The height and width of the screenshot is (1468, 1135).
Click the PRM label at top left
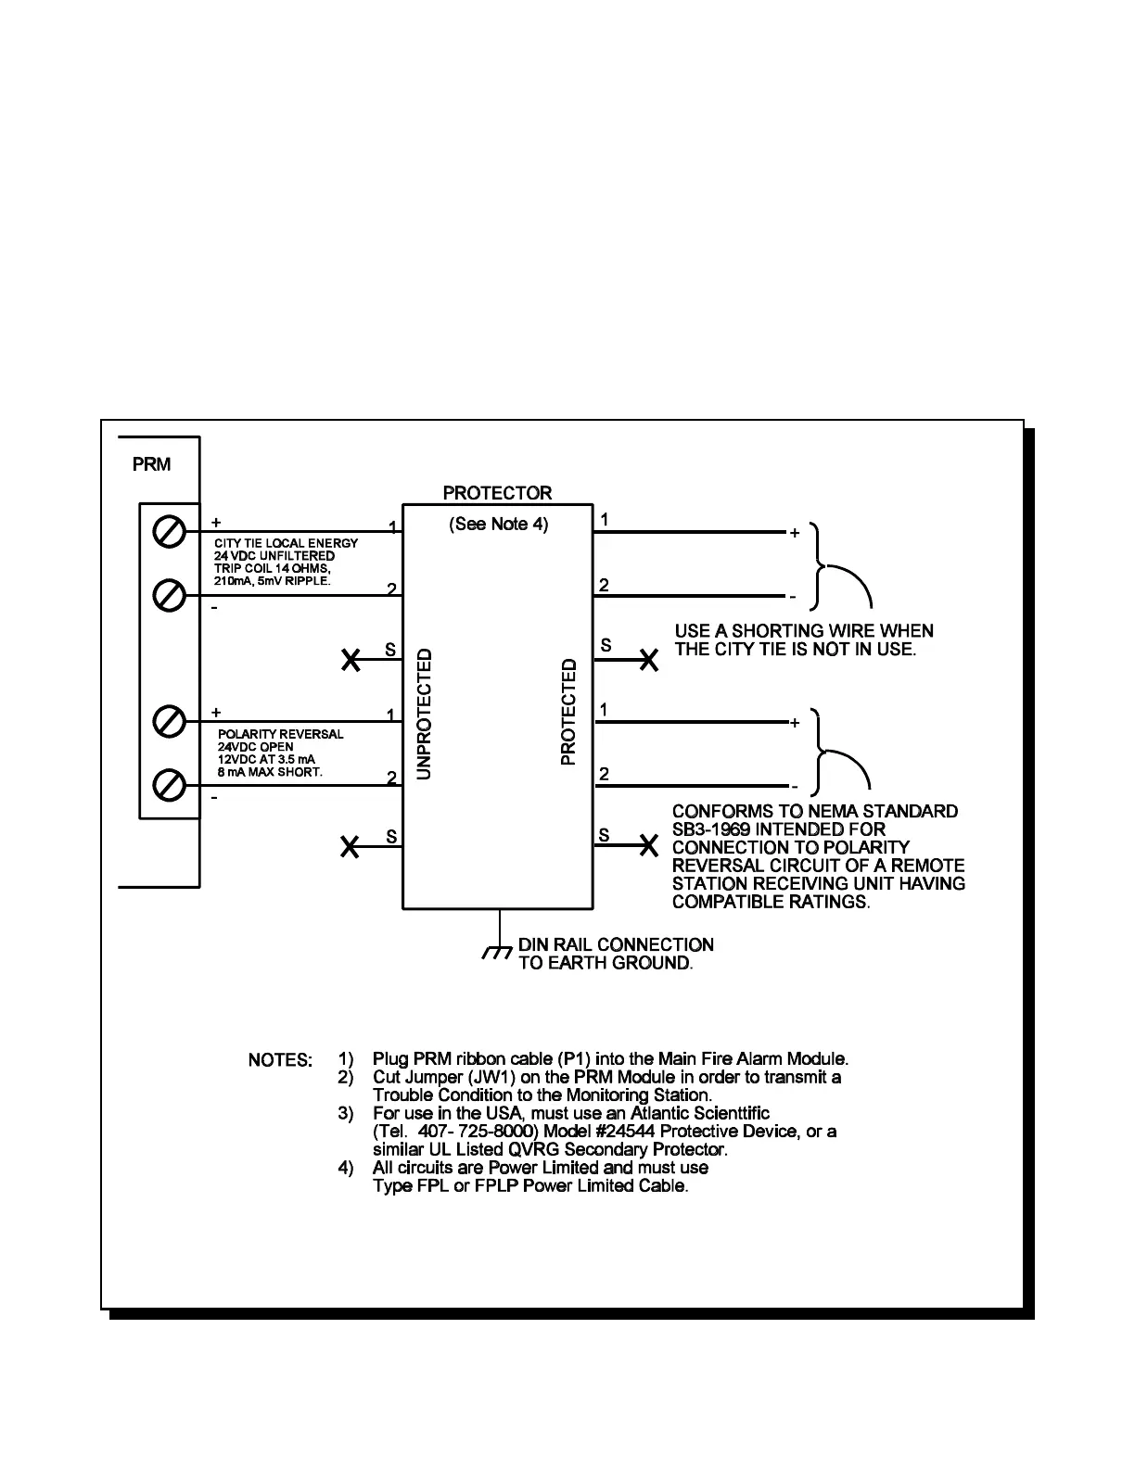click(x=151, y=464)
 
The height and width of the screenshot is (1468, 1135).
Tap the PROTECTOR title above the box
click(x=497, y=493)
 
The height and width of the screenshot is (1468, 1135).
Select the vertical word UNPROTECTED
click(x=424, y=715)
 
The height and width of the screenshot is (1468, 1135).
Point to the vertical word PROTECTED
click(x=568, y=712)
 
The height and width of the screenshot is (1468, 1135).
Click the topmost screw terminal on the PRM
click(x=169, y=533)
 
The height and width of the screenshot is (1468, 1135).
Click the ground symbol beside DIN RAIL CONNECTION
click(x=498, y=953)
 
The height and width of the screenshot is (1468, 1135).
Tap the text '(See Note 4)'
click(x=498, y=525)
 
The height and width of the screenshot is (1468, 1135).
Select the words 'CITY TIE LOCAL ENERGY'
click(x=286, y=543)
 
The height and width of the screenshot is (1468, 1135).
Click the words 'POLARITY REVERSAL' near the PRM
click(x=280, y=734)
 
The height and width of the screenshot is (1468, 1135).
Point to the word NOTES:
click(x=280, y=1059)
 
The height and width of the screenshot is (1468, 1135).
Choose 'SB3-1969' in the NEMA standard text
click(x=711, y=829)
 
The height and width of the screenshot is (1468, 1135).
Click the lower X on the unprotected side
click(x=350, y=846)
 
